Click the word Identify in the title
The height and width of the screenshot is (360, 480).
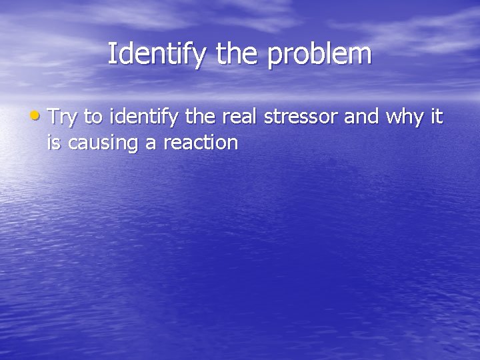coord(157,54)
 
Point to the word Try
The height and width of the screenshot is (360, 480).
coord(63,119)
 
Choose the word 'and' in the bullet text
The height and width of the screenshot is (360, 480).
coord(361,117)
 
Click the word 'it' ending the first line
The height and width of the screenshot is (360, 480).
coord(436,117)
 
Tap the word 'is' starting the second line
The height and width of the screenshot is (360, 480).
coord(53,142)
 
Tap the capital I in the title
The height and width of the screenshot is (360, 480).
coord(111,53)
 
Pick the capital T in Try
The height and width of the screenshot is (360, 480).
coord(53,117)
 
